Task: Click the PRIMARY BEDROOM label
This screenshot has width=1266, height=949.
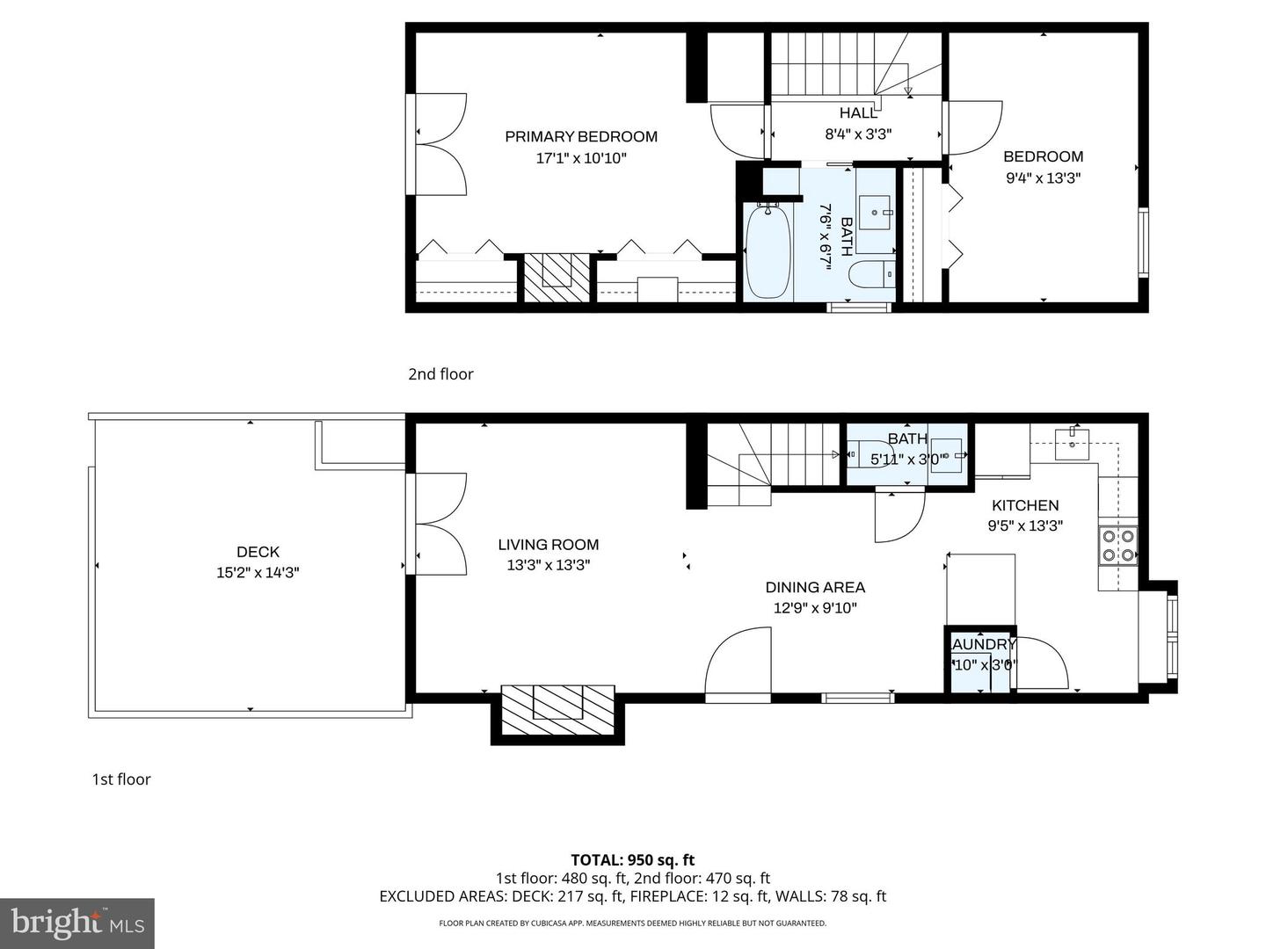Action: (x=580, y=136)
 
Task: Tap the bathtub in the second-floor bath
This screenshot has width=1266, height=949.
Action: (x=768, y=251)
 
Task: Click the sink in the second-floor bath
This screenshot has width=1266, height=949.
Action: (x=875, y=212)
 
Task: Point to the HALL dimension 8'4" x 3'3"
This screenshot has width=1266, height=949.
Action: (x=858, y=134)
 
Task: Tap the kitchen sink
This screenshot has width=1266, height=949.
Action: (x=1073, y=438)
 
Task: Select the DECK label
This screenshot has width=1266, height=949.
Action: (x=258, y=552)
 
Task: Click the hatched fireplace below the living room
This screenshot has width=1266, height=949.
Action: (x=557, y=712)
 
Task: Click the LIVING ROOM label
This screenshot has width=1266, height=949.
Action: (x=548, y=545)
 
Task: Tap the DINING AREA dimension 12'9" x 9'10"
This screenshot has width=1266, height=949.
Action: (x=815, y=608)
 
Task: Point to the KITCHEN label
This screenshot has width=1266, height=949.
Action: (x=1025, y=505)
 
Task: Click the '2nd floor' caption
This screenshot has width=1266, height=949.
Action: (x=440, y=374)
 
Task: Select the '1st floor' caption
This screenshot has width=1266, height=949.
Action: (x=121, y=779)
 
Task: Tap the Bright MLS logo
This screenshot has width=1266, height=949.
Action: (x=77, y=923)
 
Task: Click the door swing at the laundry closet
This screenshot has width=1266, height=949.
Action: (x=1041, y=664)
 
